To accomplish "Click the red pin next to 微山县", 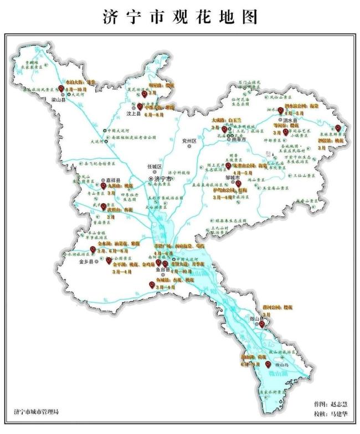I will coord(262,324).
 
